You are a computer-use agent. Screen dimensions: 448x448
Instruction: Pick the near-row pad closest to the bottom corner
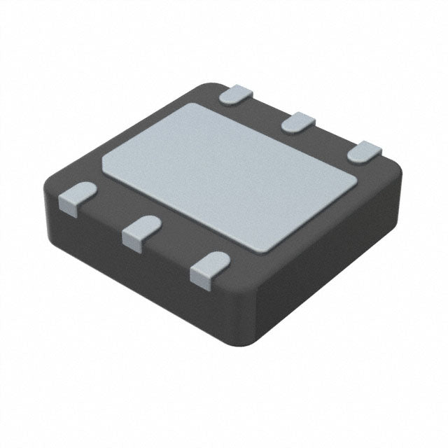(x=208, y=268)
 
